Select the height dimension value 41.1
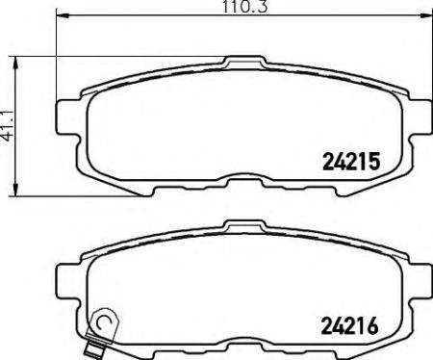click(9, 126)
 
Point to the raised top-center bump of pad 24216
click(237, 227)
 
